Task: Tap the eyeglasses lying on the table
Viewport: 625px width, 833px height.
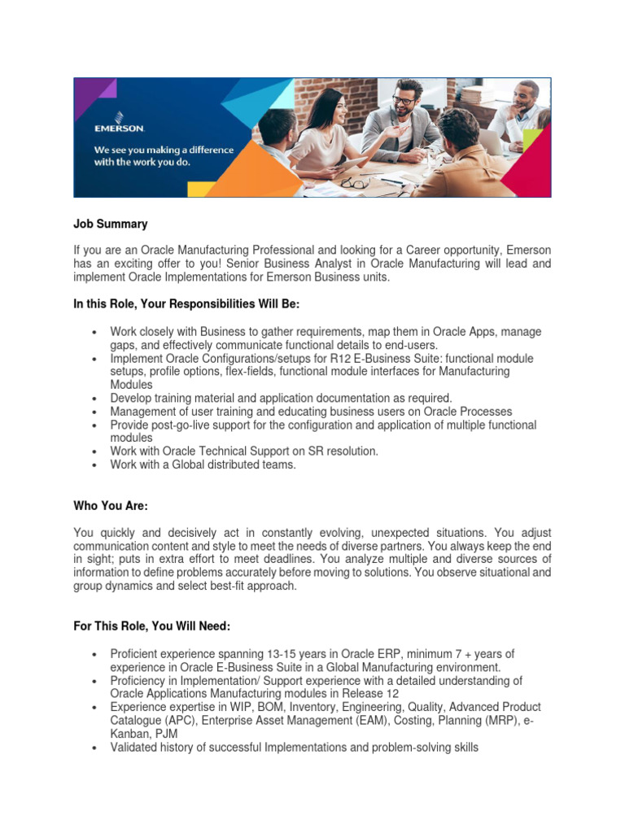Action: click(x=355, y=182)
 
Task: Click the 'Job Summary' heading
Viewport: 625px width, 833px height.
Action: click(x=111, y=224)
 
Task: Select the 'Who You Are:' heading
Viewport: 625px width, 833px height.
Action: click(x=111, y=506)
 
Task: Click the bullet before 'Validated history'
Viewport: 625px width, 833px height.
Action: click(x=95, y=748)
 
